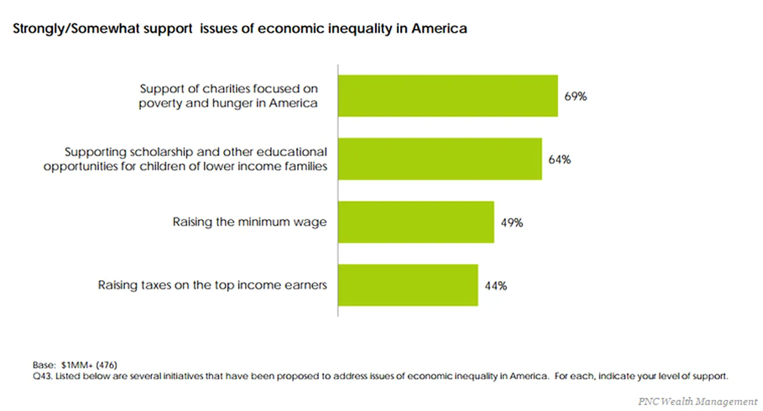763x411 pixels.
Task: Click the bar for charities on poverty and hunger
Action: (448, 96)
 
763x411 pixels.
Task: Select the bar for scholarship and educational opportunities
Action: (439, 159)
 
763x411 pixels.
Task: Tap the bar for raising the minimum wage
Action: (416, 222)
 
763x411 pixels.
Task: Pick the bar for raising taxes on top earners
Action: (408, 285)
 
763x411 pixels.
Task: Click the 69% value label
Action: (576, 96)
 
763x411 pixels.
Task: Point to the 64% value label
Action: (560, 159)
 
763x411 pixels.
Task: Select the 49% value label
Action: (512, 223)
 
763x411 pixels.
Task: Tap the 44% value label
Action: (496, 286)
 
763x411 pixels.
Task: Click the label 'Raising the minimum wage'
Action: (250, 222)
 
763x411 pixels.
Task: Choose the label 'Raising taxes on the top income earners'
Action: (212, 285)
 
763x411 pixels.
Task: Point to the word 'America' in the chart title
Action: (439, 28)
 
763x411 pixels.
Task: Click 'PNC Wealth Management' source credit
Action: (698, 402)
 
